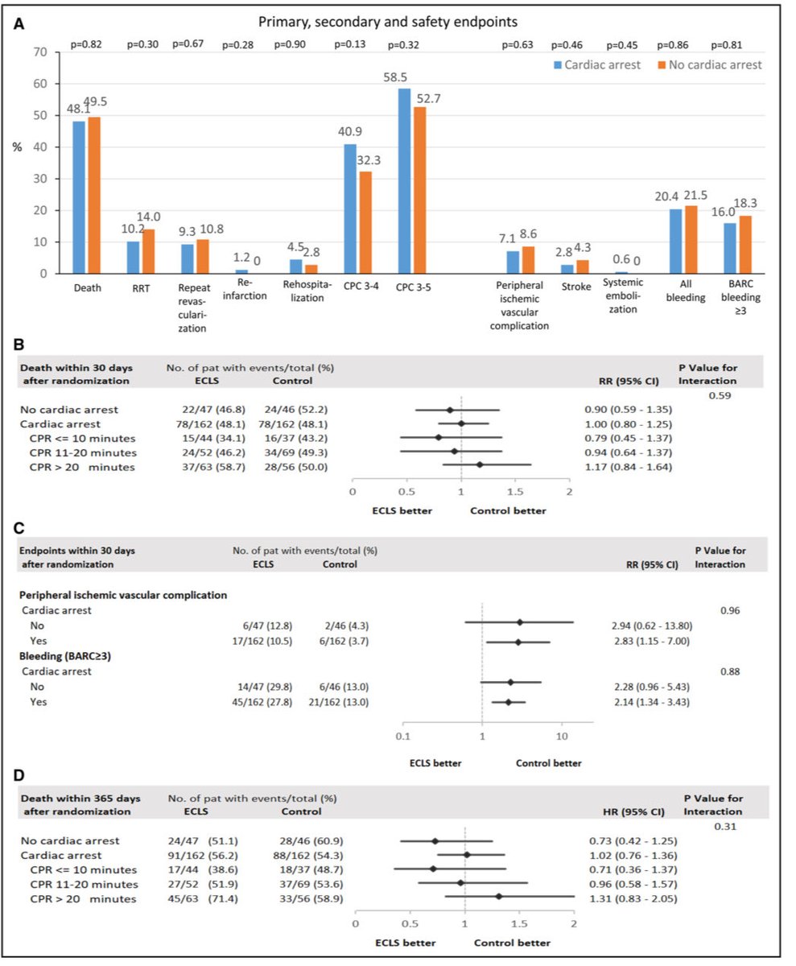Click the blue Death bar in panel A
point(79,197)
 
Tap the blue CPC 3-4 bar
point(350,208)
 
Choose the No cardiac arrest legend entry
point(709,64)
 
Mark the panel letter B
point(19,344)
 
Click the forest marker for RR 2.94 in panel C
point(520,622)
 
